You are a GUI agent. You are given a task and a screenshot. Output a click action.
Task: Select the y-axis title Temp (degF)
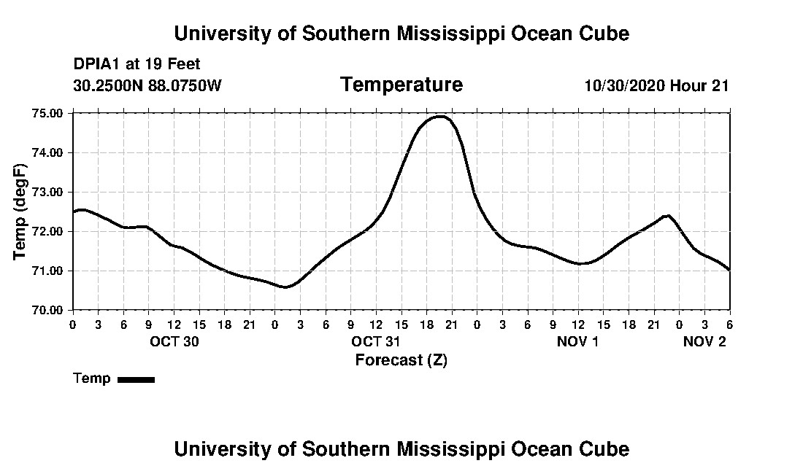coord(20,211)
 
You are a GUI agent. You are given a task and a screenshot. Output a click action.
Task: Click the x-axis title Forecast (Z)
coord(401,360)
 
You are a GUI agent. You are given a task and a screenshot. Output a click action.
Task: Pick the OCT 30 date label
coord(174,341)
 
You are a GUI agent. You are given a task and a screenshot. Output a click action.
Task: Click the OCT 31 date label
coord(376,341)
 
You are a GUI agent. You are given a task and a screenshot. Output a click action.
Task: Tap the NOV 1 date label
coord(578,341)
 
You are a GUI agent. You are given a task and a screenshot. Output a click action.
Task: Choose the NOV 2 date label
coord(704,341)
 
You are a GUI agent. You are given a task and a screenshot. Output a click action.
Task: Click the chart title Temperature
coord(401,85)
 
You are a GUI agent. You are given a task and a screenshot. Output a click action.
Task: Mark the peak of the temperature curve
coord(440,116)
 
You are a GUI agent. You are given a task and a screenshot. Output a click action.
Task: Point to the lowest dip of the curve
coord(285,287)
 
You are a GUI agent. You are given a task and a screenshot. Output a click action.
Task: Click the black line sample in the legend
coord(136,379)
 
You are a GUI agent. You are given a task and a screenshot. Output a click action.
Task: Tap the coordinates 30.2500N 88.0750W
coord(147,85)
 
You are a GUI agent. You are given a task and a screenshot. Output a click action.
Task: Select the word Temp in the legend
coord(92,378)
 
